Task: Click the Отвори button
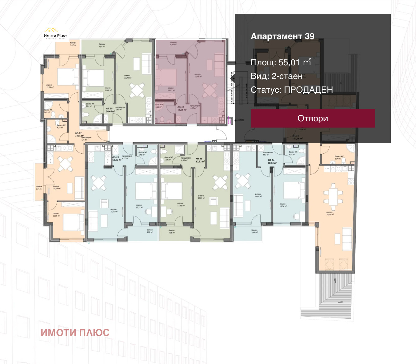[313, 118]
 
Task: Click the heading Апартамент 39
[282, 36]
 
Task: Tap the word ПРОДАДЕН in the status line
[308, 90]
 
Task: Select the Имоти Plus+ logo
[55, 33]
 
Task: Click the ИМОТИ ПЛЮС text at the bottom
[75, 332]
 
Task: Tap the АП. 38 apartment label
[109, 110]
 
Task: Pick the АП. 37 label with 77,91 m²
[79, 134]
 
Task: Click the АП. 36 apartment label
[116, 158]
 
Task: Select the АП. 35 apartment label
[200, 160]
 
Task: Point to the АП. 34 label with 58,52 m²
[272, 161]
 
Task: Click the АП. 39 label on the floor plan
[182, 108]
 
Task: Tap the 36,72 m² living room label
[329, 213]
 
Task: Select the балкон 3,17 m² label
[73, 44]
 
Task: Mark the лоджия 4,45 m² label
[173, 43]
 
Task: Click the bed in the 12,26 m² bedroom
[68, 77]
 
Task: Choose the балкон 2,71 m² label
[39, 188]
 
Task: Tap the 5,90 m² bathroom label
[339, 157]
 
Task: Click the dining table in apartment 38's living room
[137, 90]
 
